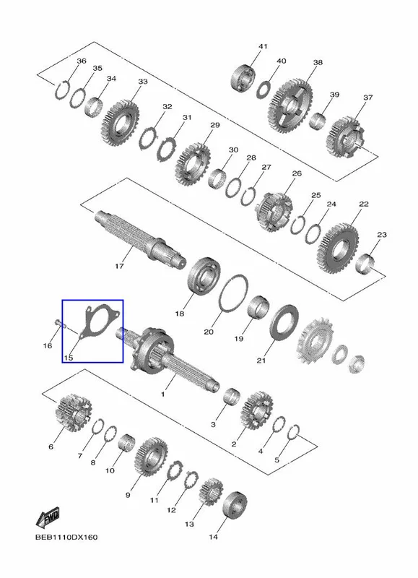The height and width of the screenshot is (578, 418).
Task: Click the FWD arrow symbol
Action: pos(48,518)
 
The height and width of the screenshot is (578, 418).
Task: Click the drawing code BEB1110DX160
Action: pos(66,537)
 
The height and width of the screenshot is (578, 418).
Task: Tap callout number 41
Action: pos(263,46)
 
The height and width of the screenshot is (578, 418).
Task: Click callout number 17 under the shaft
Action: pos(119,266)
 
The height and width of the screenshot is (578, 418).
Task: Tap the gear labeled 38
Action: pos(292,105)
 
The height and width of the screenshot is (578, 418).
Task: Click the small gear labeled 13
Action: pos(212,491)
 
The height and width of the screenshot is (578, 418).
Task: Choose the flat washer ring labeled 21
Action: pos(284,323)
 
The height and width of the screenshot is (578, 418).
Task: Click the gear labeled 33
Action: pos(121,123)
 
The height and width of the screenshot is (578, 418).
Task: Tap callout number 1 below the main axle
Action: pos(162,394)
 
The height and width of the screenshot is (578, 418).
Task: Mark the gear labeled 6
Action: pos(74,412)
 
